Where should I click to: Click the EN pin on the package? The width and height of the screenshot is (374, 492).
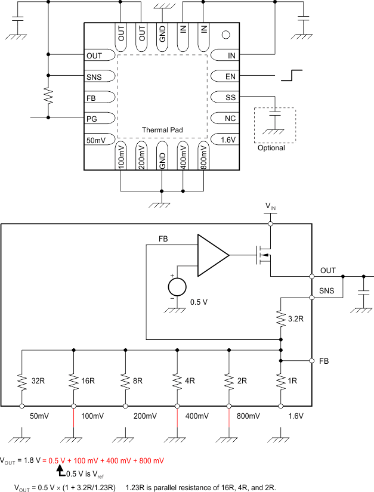[x=226, y=76]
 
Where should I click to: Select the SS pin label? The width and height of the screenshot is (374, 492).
[x=231, y=97]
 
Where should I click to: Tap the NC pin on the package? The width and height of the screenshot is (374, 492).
[x=226, y=118]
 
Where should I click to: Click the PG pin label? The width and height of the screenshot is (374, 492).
[x=92, y=118]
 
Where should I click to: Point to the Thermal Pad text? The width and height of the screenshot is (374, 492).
[x=162, y=129]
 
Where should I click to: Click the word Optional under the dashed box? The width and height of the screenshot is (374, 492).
[x=271, y=148]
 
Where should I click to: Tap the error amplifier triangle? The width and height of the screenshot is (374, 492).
[x=212, y=255]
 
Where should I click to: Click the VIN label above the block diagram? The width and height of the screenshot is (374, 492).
[x=270, y=206]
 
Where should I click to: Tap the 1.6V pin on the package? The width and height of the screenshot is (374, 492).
[x=226, y=139]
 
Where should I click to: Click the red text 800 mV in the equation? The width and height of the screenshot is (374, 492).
[x=150, y=461]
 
